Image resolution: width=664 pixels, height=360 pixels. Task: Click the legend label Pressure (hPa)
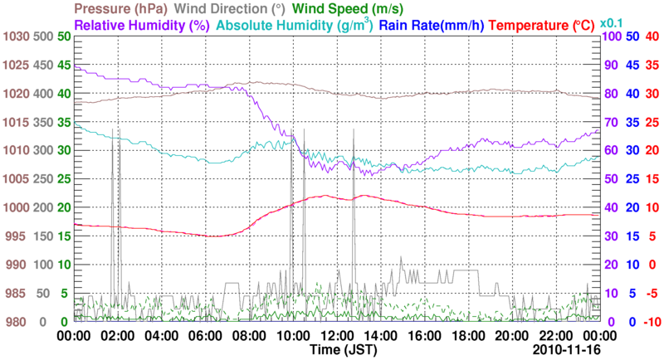pyautogui.click(x=120, y=9)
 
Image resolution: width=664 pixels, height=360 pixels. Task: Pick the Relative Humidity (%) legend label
pyautogui.click(x=140, y=26)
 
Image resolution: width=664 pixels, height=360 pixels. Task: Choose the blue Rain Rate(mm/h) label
pyautogui.click(x=431, y=26)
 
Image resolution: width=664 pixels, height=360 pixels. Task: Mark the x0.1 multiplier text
pyautogui.click(x=612, y=21)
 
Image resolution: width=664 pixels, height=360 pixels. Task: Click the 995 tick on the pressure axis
pyautogui.click(x=18, y=236)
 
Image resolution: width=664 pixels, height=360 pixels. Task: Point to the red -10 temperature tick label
pyautogui.click(x=652, y=322)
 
